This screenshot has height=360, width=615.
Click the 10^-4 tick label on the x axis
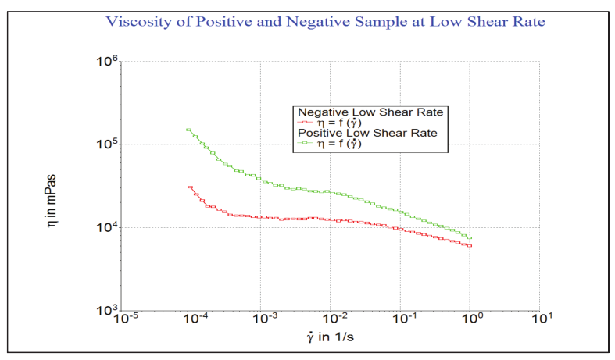pyautogui.click(x=193, y=320)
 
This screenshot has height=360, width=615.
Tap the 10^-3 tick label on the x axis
pyautogui.click(x=263, y=320)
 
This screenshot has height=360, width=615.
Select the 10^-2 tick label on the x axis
pyautogui.click(x=332, y=320)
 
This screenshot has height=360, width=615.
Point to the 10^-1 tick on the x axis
pyautogui.click(x=402, y=320)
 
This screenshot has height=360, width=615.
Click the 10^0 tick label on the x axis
pyautogui.click(x=471, y=320)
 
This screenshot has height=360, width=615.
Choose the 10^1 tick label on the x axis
pyautogui.click(x=541, y=320)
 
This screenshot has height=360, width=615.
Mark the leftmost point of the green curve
pyautogui.click(x=188, y=130)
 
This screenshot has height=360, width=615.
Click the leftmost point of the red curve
pyautogui.click(x=190, y=187)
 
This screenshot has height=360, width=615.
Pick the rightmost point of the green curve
pyautogui.click(x=470, y=238)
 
